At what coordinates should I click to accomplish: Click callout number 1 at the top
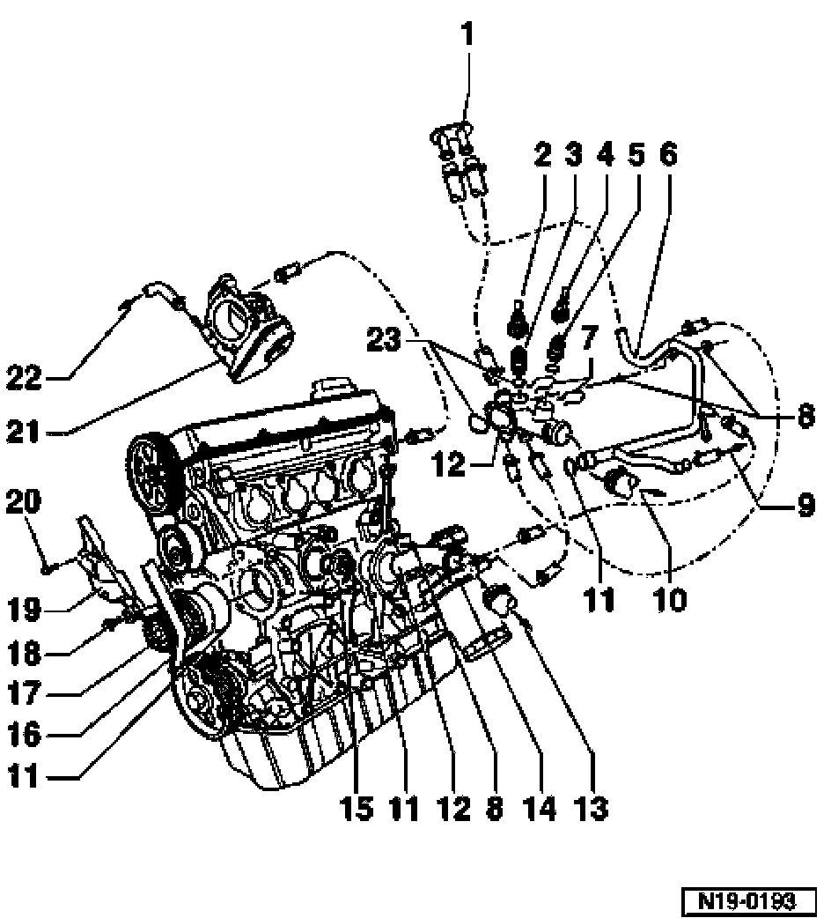pyautogui.click(x=467, y=34)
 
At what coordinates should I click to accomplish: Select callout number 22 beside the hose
pyautogui.click(x=24, y=378)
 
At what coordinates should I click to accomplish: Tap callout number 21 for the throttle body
pyautogui.click(x=24, y=433)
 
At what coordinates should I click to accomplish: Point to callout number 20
pyautogui.click(x=24, y=502)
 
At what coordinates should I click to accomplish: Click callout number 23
pyautogui.click(x=384, y=339)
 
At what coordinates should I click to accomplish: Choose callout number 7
pyautogui.click(x=588, y=337)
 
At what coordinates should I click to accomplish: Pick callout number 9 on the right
pyautogui.click(x=805, y=505)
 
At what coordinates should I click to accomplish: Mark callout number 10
pyautogui.click(x=671, y=599)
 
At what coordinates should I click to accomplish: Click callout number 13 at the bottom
pyautogui.click(x=592, y=809)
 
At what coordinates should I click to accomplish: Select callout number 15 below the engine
pyautogui.click(x=357, y=809)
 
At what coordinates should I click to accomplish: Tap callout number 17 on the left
pyautogui.click(x=24, y=692)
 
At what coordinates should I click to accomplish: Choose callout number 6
pyautogui.click(x=668, y=154)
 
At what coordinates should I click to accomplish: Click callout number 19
pyautogui.click(x=24, y=610)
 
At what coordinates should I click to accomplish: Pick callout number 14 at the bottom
pyautogui.click(x=541, y=809)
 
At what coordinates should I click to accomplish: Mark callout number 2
pyautogui.click(x=542, y=154)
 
